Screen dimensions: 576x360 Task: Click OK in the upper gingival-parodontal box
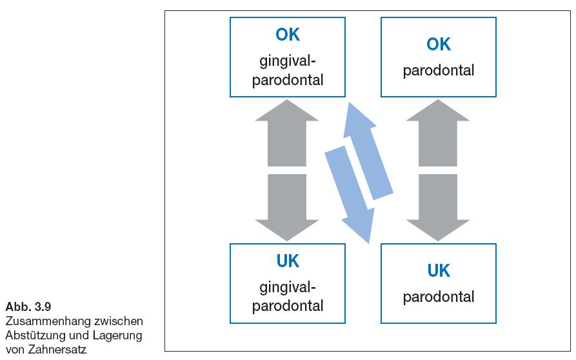288,35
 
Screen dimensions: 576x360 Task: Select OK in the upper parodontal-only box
438,44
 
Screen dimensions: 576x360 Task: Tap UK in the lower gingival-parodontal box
288,261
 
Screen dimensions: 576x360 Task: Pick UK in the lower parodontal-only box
438,270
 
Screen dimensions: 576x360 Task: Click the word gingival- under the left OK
288,61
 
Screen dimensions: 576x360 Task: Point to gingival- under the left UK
288,288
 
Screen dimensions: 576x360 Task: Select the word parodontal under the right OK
438,70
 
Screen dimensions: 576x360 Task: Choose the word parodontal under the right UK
438,297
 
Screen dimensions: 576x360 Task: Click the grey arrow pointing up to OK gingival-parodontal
287,133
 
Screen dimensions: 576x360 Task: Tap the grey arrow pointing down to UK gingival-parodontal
287,208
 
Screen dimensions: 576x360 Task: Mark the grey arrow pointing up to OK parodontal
438,133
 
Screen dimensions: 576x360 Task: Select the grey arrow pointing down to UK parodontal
438,208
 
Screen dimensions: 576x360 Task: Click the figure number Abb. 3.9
28,306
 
